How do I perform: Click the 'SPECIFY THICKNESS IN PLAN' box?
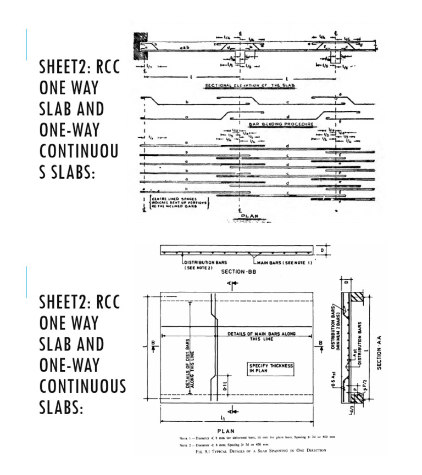[271, 369]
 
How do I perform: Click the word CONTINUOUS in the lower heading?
[82, 386]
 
